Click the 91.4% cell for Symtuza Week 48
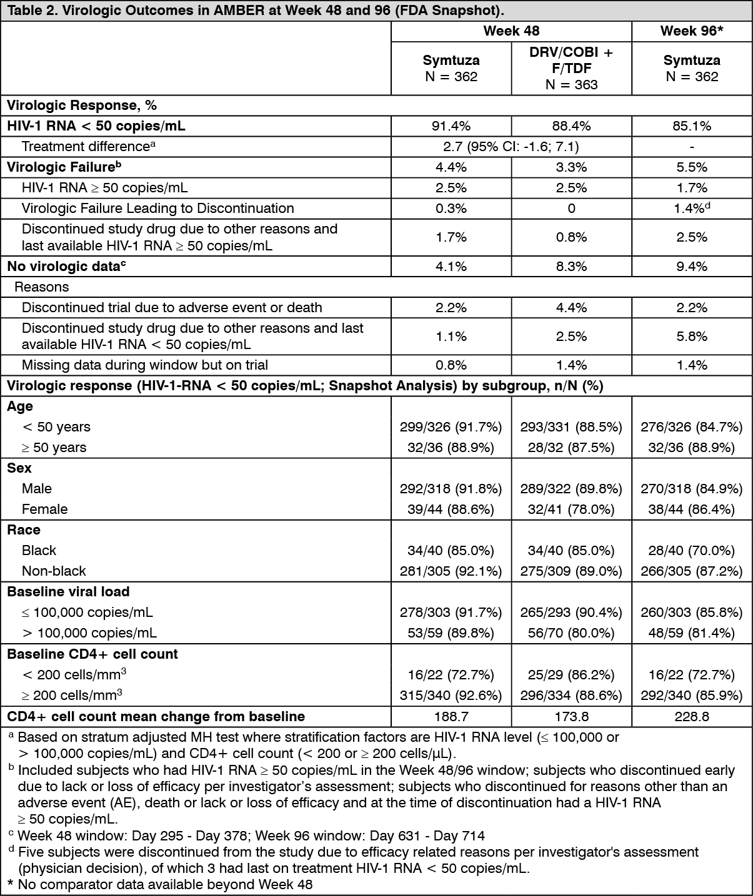coord(451,126)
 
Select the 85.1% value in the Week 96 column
coord(692,126)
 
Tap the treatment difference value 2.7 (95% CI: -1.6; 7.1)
coord(511,147)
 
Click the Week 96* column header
coord(692,31)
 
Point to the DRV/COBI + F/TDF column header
coord(571,69)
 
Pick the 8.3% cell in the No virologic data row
coord(571,267)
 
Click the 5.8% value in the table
coord(692,337)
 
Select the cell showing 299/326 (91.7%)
coord(451,427)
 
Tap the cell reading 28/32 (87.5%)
coord(571,448)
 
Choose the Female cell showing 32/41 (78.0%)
coord(571,510)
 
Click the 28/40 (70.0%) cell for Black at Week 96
coord(692,551)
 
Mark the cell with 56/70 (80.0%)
coord(571,633)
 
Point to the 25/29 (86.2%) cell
coord(571,675)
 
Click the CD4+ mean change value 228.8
coord(692,717)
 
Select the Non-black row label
coord(54,571)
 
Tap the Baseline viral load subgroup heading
coord(68,592)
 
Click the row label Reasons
coord(41,287)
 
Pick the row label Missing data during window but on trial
coord(144,365)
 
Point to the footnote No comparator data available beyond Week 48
coord(164,884)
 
